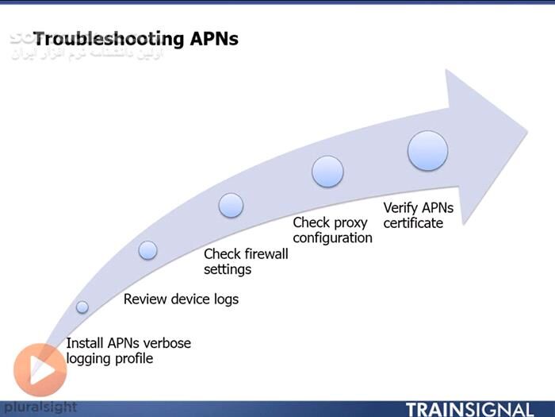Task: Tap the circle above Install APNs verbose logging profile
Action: pos(82,307)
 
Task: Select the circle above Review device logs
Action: pos(147,250)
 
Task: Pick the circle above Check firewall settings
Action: pos(231,206)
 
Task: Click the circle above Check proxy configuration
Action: pos(327,172)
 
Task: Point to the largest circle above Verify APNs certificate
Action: pos(427,151)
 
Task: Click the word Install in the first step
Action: pos(82,343)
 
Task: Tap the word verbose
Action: pos(165,343)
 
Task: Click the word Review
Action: pos(144,299)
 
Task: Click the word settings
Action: pos(228,269)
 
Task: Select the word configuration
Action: pos(332,237)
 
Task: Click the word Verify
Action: pos(400,208)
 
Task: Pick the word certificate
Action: pos(413,223)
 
